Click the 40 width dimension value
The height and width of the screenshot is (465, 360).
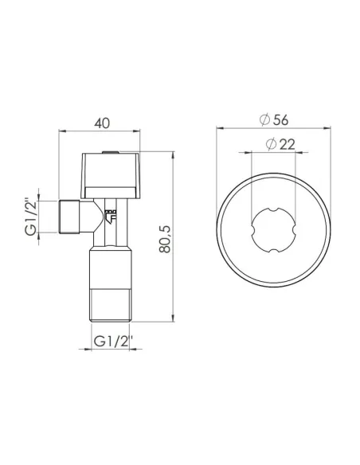tap(101, 124)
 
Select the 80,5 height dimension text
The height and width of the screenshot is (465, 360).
tap(166, 238)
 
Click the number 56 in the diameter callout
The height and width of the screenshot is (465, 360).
tap(280, 119)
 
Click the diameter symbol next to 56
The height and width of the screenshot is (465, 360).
tap(264, 119)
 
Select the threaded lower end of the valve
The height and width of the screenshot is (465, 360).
tap(112, 303)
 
